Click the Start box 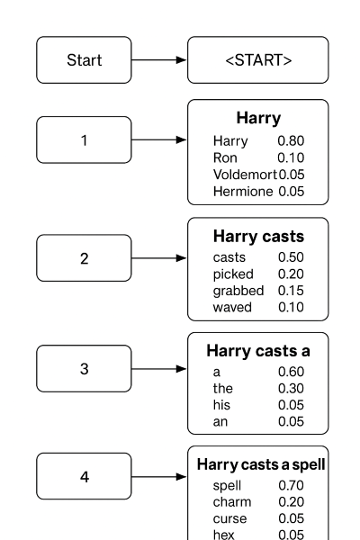click(84, 60)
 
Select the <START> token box click(257, 60)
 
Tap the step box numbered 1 click(84, 140)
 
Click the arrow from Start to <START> click(158, 60)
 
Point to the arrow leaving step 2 click(158, 258)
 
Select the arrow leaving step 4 click(158, 476)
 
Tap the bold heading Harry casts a click(257, 351)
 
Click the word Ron click(223, 157)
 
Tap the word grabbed click(238, 291)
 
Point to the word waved click(233, 307)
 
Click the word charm click(231, 502)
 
